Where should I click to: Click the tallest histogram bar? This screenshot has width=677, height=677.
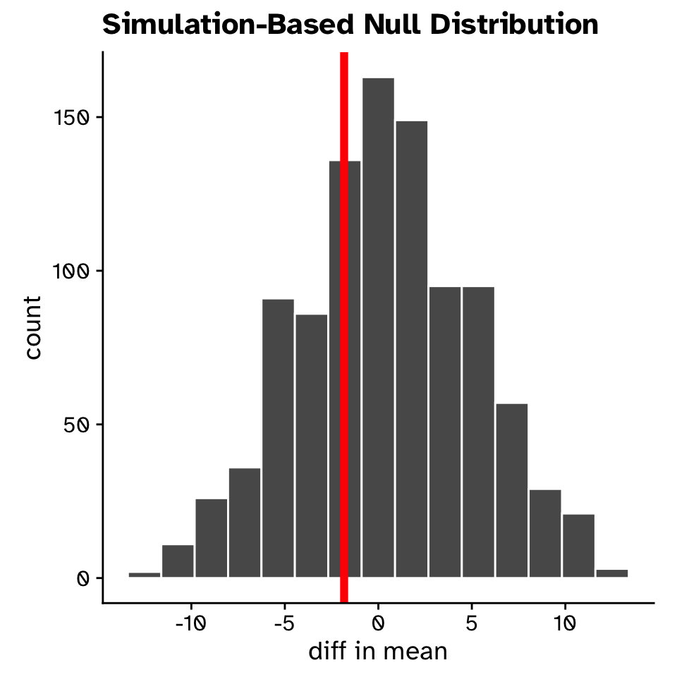pos(378,327)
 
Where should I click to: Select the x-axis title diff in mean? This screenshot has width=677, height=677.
pos(378,650)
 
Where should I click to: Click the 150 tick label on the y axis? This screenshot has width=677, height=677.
pos(73,117)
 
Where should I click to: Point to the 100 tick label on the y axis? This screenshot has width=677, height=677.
pos(73,271)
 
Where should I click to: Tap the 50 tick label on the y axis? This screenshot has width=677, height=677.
pos(78,425)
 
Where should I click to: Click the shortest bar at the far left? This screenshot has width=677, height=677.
pos(145,575)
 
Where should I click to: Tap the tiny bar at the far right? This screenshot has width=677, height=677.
pos(612,573)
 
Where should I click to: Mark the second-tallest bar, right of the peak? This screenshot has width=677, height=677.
pos(411,349)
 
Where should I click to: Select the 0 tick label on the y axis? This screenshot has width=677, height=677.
pos(83,578)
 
